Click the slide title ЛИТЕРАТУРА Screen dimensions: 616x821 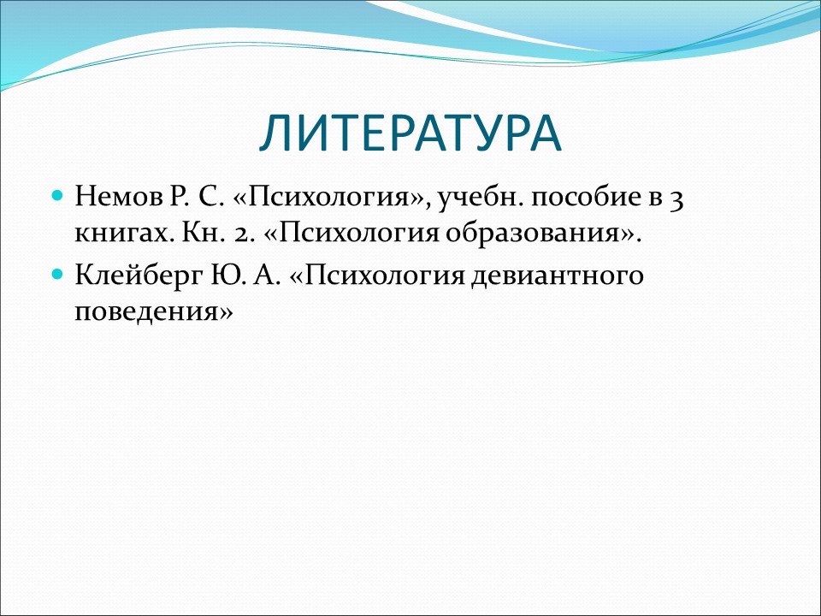[410, 133]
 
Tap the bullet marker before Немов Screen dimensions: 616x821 [58, 196]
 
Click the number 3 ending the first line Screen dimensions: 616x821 [676, 199]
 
